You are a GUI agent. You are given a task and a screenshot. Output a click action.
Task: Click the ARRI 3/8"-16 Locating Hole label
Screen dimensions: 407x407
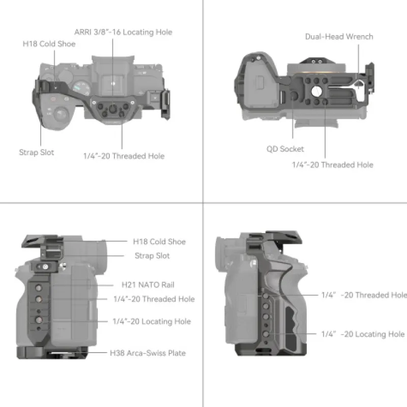[x=123, y=32]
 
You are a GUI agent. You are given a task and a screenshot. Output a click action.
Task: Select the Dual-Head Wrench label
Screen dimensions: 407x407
[x=339, y=37]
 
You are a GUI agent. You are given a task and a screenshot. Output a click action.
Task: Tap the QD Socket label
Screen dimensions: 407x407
[x=285, y=149]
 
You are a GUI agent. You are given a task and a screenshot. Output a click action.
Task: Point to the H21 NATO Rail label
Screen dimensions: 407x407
[x=148, y=285]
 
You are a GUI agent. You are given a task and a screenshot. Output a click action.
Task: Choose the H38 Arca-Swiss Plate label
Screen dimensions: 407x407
[x=148, y=353]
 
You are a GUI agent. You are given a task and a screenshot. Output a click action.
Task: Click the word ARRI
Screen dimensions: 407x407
[x=83, y=32]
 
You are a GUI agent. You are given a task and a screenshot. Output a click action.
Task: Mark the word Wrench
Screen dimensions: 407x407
[x=360, y=37]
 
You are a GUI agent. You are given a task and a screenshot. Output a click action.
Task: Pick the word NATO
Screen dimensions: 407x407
[x=149, y=285]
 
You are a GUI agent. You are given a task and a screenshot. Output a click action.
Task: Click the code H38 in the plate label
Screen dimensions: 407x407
[x=117, y=353]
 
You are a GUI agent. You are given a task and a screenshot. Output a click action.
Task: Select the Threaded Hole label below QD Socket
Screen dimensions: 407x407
[x=333, y=165]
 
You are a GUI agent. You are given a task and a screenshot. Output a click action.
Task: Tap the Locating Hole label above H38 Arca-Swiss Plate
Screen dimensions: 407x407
[x=152, y=322]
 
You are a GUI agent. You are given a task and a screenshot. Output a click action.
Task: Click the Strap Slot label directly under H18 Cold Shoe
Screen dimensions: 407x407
[x=152, y=256]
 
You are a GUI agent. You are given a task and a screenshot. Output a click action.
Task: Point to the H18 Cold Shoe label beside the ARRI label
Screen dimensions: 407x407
[x=49, y=44]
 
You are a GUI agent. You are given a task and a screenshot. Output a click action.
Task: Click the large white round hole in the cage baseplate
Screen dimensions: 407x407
[x=316, y=91]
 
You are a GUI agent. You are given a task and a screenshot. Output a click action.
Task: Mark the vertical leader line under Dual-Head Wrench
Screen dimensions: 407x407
[x=359, y=67]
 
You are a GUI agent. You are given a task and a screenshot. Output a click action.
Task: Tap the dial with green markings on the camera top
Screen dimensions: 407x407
[x=81, y=88]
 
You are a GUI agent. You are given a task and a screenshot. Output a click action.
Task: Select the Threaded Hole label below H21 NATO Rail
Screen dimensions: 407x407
[x=154, y=299]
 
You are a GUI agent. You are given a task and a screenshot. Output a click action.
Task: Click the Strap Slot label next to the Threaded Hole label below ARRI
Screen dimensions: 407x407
[x=37, y=152]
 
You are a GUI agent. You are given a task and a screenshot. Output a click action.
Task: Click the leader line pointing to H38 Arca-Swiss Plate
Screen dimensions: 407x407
[x=97, y=353]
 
